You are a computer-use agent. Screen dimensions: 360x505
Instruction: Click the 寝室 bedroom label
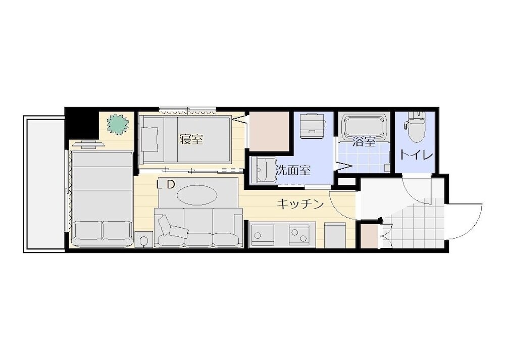pos(191,139)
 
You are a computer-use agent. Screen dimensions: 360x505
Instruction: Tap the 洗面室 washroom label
pos(292,170)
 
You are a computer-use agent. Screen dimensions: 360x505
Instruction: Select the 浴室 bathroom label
pos(364,142)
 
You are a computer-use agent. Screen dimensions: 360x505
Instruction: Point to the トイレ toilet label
pos(416,154)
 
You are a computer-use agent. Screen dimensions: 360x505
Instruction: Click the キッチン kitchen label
pos(299,204)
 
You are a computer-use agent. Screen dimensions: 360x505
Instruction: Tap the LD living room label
pos(165,185)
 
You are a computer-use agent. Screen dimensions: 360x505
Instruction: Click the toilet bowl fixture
pos(416,129)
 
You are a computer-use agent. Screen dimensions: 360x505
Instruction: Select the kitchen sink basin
pos(262,234)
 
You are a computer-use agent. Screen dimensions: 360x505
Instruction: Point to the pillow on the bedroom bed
pos(149,139)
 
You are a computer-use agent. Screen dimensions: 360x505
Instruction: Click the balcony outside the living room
pos(43,184)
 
